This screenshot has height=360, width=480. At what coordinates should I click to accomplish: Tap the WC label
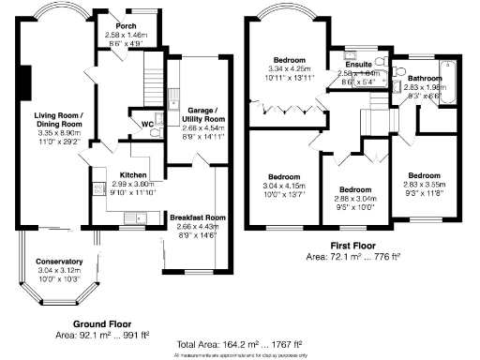coord(134,122)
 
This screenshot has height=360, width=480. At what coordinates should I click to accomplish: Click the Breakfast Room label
coord(195,217)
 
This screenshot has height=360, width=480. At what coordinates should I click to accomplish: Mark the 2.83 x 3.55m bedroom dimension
coord(424,186)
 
